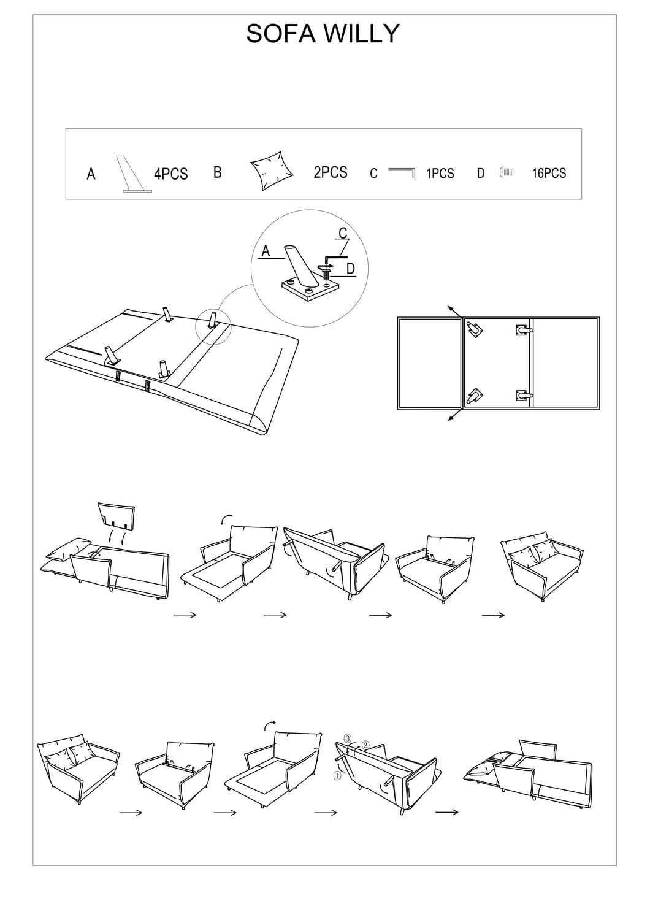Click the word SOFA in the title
(x=281, y=34)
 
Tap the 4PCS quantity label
(x=171, y=174)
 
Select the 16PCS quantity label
(x=549, y=174)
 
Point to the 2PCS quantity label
(x=331, y=172)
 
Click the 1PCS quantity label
(x=440, y=174)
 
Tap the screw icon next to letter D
(x=507, y=172)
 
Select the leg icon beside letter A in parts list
(x=134, y=174)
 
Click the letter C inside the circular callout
(x=343, y=233)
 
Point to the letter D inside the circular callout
(x=350, y=269)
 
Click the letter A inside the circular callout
(x=266, y=251)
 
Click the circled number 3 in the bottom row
(x=347, y=738)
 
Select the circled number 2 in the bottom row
(x=365, y=745)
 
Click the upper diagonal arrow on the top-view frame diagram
(x=455, y=312)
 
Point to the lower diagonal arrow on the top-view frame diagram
(x=455, y=415)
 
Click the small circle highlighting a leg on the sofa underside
(x=213, y=327)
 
